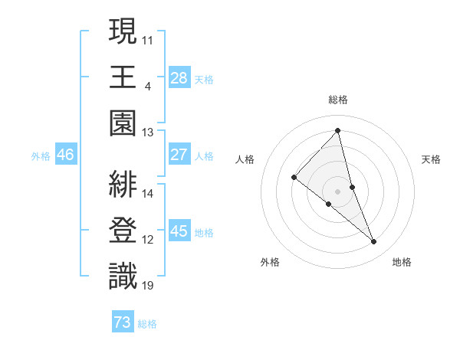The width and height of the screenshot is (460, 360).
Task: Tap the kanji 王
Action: tap(123, 77)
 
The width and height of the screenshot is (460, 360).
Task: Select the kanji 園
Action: tap(123, 123)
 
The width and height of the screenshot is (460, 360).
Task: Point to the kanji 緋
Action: tap(123, 184)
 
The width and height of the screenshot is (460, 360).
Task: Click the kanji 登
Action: tap(123, 230)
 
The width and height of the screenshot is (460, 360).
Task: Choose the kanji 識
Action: tap(123, 276)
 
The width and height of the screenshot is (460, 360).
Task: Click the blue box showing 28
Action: tap(179, 77)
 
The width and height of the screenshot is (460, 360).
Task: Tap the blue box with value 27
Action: tap(179, 155)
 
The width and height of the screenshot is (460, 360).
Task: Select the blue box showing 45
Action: tap(179, 231)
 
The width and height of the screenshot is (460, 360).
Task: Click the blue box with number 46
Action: tap(65, 155)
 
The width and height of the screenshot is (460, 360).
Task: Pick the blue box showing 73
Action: tap(123, 322)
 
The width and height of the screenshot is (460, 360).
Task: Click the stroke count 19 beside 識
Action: tap(148, 286)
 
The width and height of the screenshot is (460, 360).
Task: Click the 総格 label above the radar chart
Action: tap(338, 100)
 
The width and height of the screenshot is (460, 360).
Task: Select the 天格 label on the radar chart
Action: tap(431, 159)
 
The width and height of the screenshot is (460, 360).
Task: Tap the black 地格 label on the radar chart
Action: tap(402, 262)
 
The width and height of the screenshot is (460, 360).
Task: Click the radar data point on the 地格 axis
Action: tap(374, 241)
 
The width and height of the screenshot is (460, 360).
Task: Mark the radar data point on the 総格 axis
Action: tap(338, 130)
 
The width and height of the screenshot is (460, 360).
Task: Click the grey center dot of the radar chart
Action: tap(338, 190)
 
